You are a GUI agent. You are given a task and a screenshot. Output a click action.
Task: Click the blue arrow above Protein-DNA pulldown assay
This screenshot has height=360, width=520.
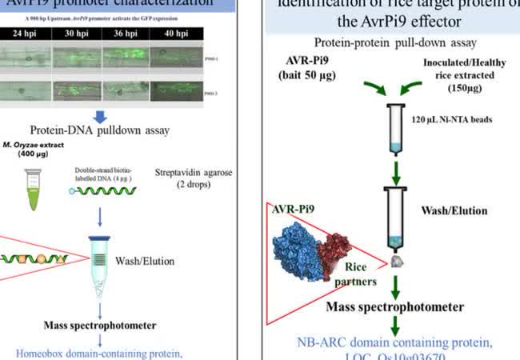(x=100, y=116)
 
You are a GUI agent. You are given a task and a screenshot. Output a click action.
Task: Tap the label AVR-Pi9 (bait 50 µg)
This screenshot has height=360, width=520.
(x=306, y=67)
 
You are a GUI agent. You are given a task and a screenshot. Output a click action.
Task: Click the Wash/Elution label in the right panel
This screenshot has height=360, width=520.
(x=454, y=211)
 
